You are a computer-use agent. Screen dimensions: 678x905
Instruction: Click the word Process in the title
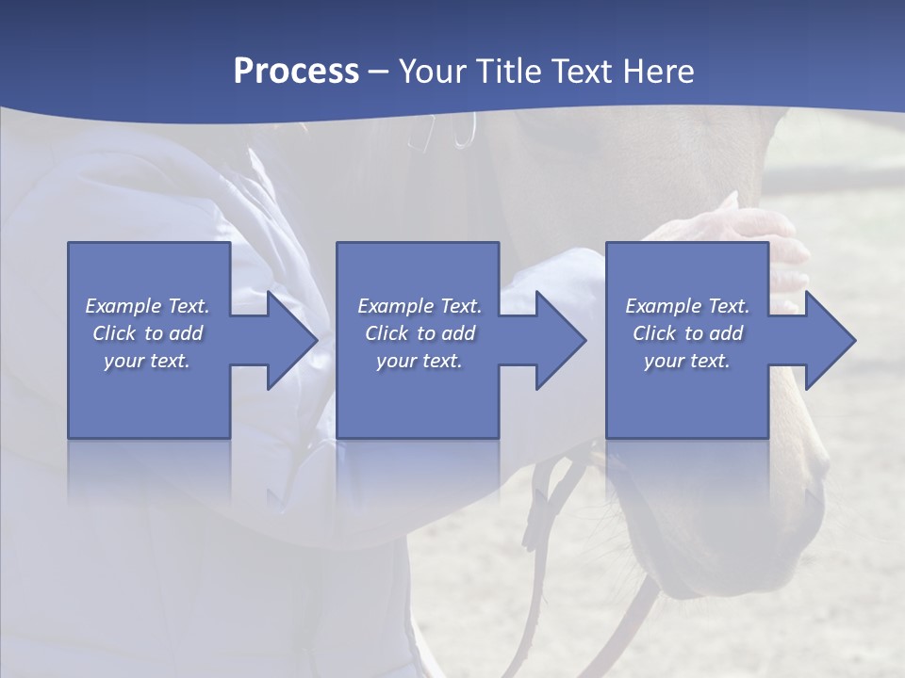click(296, 72)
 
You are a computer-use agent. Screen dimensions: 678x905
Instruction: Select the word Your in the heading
click(432, 72)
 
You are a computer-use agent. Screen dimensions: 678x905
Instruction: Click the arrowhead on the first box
click(283, 340)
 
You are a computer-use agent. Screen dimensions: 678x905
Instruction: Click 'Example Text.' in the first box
click(147, 306)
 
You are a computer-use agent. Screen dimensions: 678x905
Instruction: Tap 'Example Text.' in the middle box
click(420, 306)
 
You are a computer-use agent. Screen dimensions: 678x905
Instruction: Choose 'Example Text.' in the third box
click(687, 306)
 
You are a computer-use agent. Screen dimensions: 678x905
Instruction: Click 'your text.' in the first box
click(147, 361)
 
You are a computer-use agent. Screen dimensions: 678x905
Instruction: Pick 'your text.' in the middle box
click(420, 361)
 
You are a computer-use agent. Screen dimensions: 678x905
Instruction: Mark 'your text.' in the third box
click(687, 361)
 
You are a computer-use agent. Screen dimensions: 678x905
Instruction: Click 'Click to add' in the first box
click(147, 333)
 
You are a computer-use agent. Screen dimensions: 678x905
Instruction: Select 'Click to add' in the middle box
click(420, 333)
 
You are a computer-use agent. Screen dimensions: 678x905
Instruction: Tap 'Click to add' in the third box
click(687, 333)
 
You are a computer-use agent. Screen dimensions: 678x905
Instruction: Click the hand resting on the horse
click(745, 231)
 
